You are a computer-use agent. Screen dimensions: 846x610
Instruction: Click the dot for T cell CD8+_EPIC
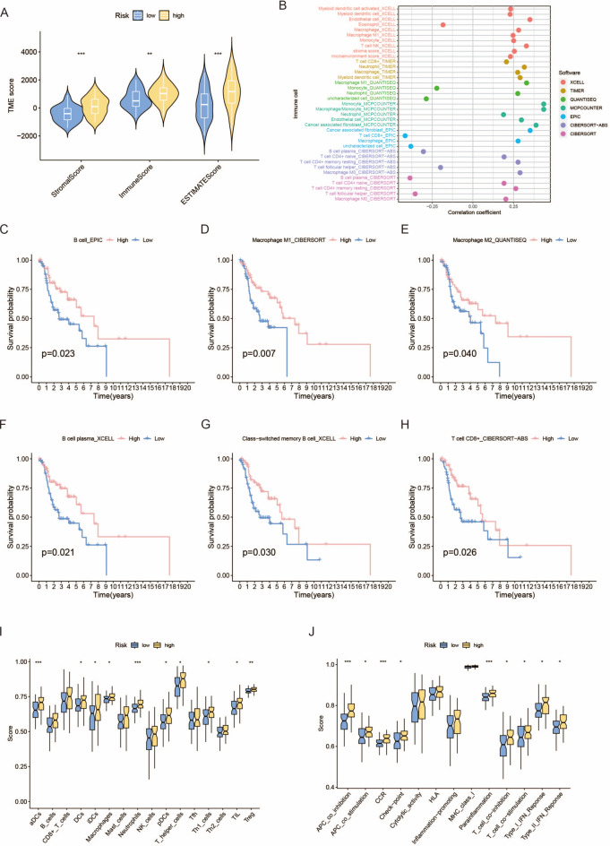[405, 136]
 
